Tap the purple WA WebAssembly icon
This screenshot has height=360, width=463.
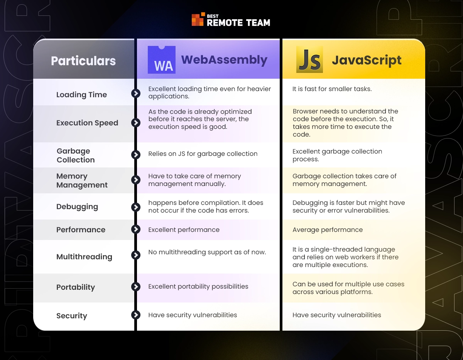point(162,60)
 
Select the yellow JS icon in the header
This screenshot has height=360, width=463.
point(309,59)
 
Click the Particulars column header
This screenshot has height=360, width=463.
point(83,61)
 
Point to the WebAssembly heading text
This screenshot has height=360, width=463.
point(224,60)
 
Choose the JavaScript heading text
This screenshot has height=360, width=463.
point(367,61)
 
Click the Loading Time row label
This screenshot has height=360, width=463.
point(82,95)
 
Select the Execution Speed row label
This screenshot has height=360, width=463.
point(87,123)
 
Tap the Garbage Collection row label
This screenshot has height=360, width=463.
point(76,155)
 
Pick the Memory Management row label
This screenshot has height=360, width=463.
point(82,181)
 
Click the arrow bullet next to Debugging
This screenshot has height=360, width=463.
point(136,207)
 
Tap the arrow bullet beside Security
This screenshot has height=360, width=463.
point(136,315)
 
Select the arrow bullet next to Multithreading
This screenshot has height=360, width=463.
point(136,255)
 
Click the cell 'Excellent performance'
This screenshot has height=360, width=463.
point(184,230)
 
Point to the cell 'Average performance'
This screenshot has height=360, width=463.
point(328,230)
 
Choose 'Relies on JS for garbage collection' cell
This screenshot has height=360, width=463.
point(203,154)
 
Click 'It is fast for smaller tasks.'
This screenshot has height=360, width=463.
point(332,89)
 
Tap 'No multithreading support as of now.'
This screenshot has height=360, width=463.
point(207,252)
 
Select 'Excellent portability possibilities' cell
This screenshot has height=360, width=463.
point(198,287)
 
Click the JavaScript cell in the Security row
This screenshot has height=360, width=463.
point(337,315)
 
